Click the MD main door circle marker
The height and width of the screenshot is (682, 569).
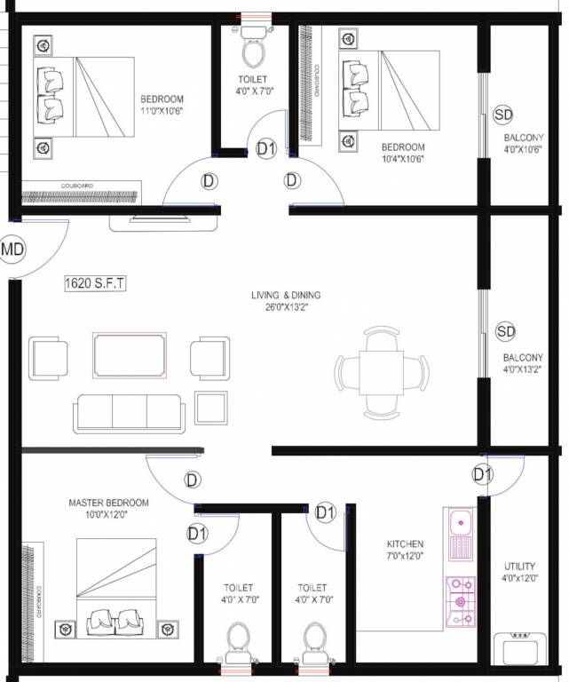pos(12,250)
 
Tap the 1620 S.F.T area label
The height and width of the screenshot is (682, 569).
pos(96,284)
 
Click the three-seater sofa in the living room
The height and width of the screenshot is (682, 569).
pos(130,410)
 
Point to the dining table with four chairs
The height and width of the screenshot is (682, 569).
pos(382,371)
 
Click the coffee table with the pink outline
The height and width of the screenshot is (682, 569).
pos(130,355)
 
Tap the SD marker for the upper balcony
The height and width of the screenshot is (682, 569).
pos(503,115)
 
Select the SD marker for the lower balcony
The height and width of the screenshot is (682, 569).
pos(505,331)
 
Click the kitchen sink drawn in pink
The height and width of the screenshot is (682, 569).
pos(461,534)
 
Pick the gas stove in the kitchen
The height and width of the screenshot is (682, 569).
pos(460,602)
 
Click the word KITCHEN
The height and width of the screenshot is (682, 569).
pos(405,544)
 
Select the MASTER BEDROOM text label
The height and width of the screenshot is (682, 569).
pos(109,503)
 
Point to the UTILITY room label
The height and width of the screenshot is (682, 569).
pos(521,566)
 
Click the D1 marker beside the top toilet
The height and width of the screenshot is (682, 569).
pos(265,149)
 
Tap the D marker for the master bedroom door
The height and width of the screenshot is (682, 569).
pos(193,480)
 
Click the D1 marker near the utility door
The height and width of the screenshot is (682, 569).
pos(483,475)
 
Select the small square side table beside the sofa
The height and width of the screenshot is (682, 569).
pos(211,407)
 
